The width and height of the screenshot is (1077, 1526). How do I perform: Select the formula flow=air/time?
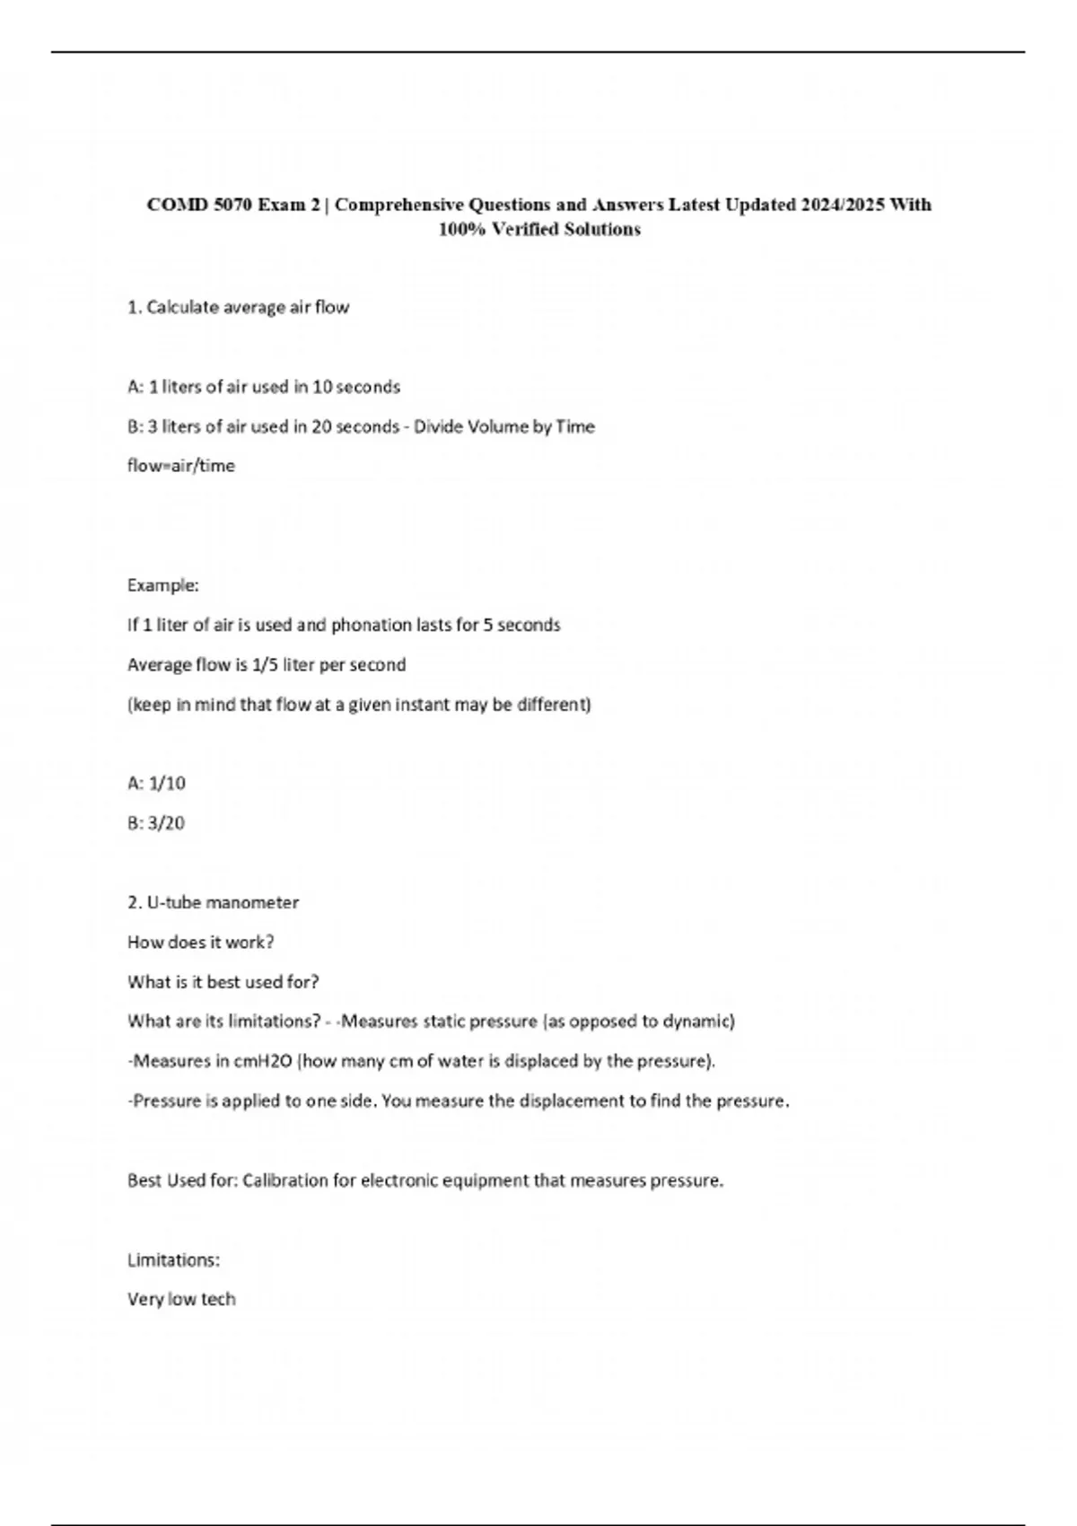click(x=181, y=466)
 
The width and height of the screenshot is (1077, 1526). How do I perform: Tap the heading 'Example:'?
click(x=163, y=585)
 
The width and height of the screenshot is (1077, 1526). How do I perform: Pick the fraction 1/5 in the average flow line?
click(x=265, y=665)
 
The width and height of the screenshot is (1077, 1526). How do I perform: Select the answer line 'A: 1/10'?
click(x=157, y=784)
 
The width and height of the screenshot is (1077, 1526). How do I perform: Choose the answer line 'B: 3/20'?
click(x=156, y=823)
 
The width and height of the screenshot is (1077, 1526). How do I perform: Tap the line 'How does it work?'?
click(x=201, y=943)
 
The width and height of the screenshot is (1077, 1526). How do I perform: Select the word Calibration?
click(x=285, y=1180)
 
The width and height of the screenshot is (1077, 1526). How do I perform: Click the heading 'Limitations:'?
click(x=174, y=1260)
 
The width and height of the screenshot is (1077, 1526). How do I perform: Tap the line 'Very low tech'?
click(x=181, y=1300)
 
